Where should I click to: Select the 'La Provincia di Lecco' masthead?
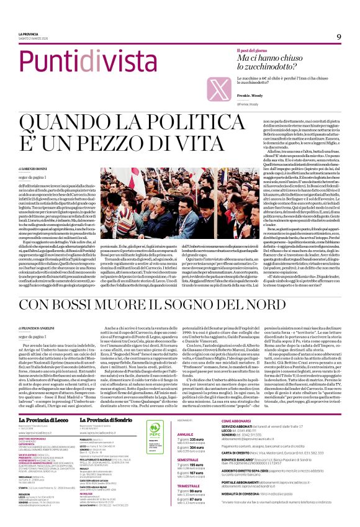[x=43, y=386]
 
